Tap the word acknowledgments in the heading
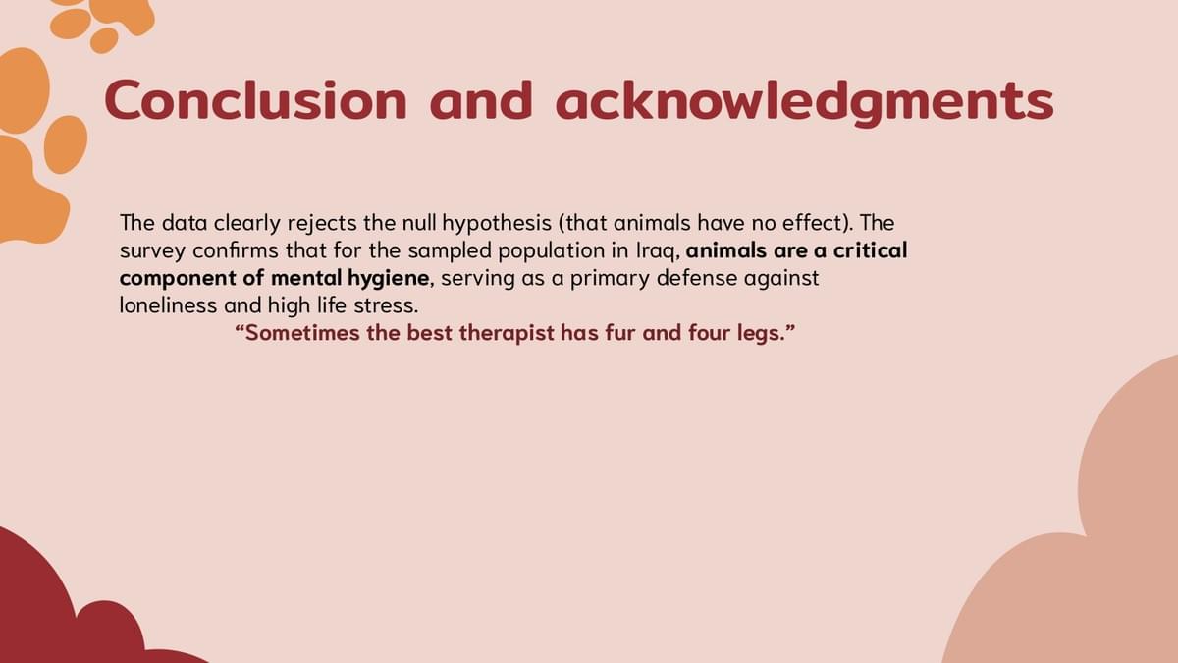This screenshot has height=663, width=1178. (x=805, y=102)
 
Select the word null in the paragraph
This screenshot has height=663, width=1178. (x=419, y=223)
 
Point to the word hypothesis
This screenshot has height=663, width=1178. (x=497, y=224)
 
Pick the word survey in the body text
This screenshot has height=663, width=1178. (x=152, y=251)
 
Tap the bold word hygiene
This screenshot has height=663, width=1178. (x=388, y=278)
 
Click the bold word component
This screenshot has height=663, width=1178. (x=178, y=279)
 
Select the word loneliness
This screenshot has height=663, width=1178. (x=168, y=305)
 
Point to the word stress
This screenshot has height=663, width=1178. (x=386, y=305)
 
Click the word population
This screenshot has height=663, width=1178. (x=551, y=251)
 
